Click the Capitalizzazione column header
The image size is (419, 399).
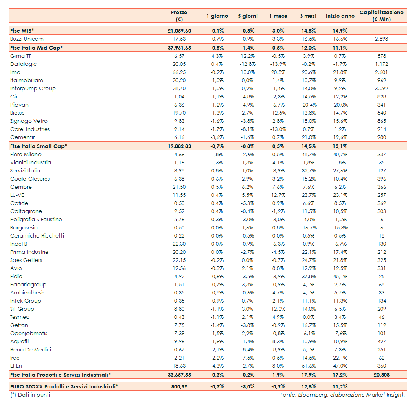[381, 16]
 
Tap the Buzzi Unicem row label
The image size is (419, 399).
[27, 39]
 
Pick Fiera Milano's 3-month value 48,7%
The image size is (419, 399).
[309, 155]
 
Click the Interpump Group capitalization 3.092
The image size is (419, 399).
[382, 89]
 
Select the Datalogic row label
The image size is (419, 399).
[23, 64]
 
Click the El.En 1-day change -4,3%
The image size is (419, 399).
[217, 366]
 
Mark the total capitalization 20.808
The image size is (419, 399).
[382, 375]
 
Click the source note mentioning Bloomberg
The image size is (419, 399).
[342, 395]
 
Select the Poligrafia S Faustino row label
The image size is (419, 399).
[36, 220]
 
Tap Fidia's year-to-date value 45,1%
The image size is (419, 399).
[340, 277]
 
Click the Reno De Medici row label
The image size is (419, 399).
[31, 350]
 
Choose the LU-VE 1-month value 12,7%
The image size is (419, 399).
[278, 195]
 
